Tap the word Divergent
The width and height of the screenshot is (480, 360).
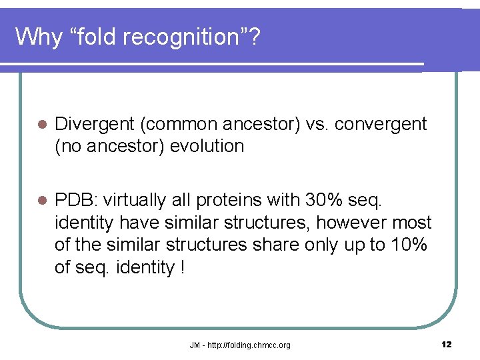(95, 124)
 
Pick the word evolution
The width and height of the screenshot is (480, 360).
(207, 146)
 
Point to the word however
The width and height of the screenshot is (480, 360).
(357, 222)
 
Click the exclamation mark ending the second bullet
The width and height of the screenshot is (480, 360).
(182, 267)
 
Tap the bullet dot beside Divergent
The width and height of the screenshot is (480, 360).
(41, 125)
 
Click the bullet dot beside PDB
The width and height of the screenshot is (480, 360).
(41, 201)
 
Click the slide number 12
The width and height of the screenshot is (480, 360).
(446, 344)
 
